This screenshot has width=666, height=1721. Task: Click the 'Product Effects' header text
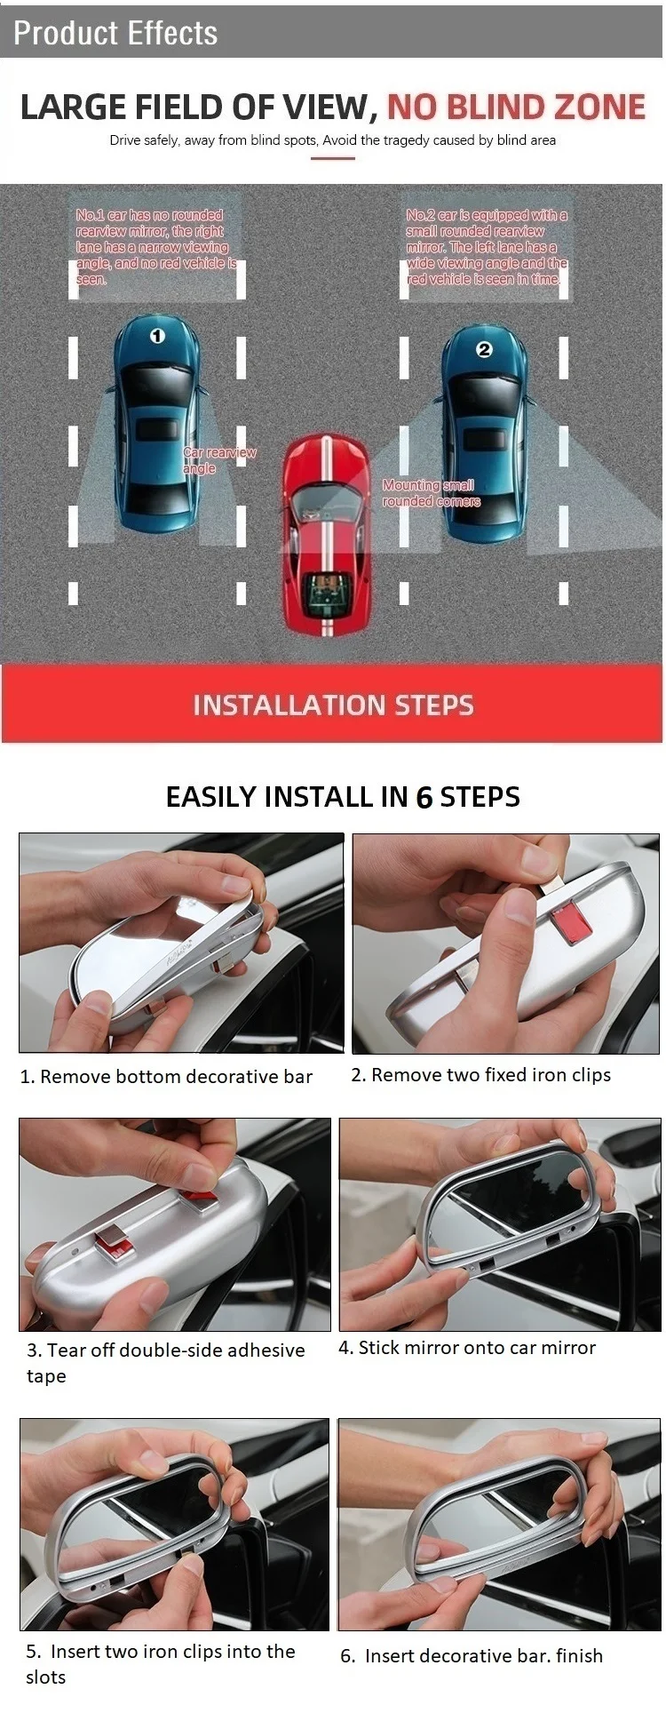[x=115, y=33]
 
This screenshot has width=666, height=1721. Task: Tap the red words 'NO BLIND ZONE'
[x=516, y=107]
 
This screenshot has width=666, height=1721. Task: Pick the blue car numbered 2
[x=485, y=434]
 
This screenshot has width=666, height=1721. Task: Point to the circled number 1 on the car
[x=157, y=337]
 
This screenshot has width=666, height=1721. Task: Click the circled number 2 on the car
[x=484, y=350]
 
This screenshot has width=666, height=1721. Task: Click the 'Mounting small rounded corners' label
[x=432, y=493]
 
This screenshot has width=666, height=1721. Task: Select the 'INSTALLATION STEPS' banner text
[x=333, y=705]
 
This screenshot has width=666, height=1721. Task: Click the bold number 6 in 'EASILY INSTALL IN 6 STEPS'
[x=424, y=797]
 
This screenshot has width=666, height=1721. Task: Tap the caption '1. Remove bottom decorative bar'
[x=166, y=1077]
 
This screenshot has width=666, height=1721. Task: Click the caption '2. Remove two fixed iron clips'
[x=480, y=1075]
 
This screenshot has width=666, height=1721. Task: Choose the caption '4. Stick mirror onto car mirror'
[x=467, y=1348]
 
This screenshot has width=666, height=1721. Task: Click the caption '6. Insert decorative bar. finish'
[x=472, y=1656]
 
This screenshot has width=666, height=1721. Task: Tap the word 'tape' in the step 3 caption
[x=46, y=1376]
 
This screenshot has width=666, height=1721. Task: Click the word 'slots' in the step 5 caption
[x=46, y=1677]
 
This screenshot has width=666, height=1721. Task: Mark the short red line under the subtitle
[x=333, y=158]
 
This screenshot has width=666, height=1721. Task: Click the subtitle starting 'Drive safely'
[x=333, y=139]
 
